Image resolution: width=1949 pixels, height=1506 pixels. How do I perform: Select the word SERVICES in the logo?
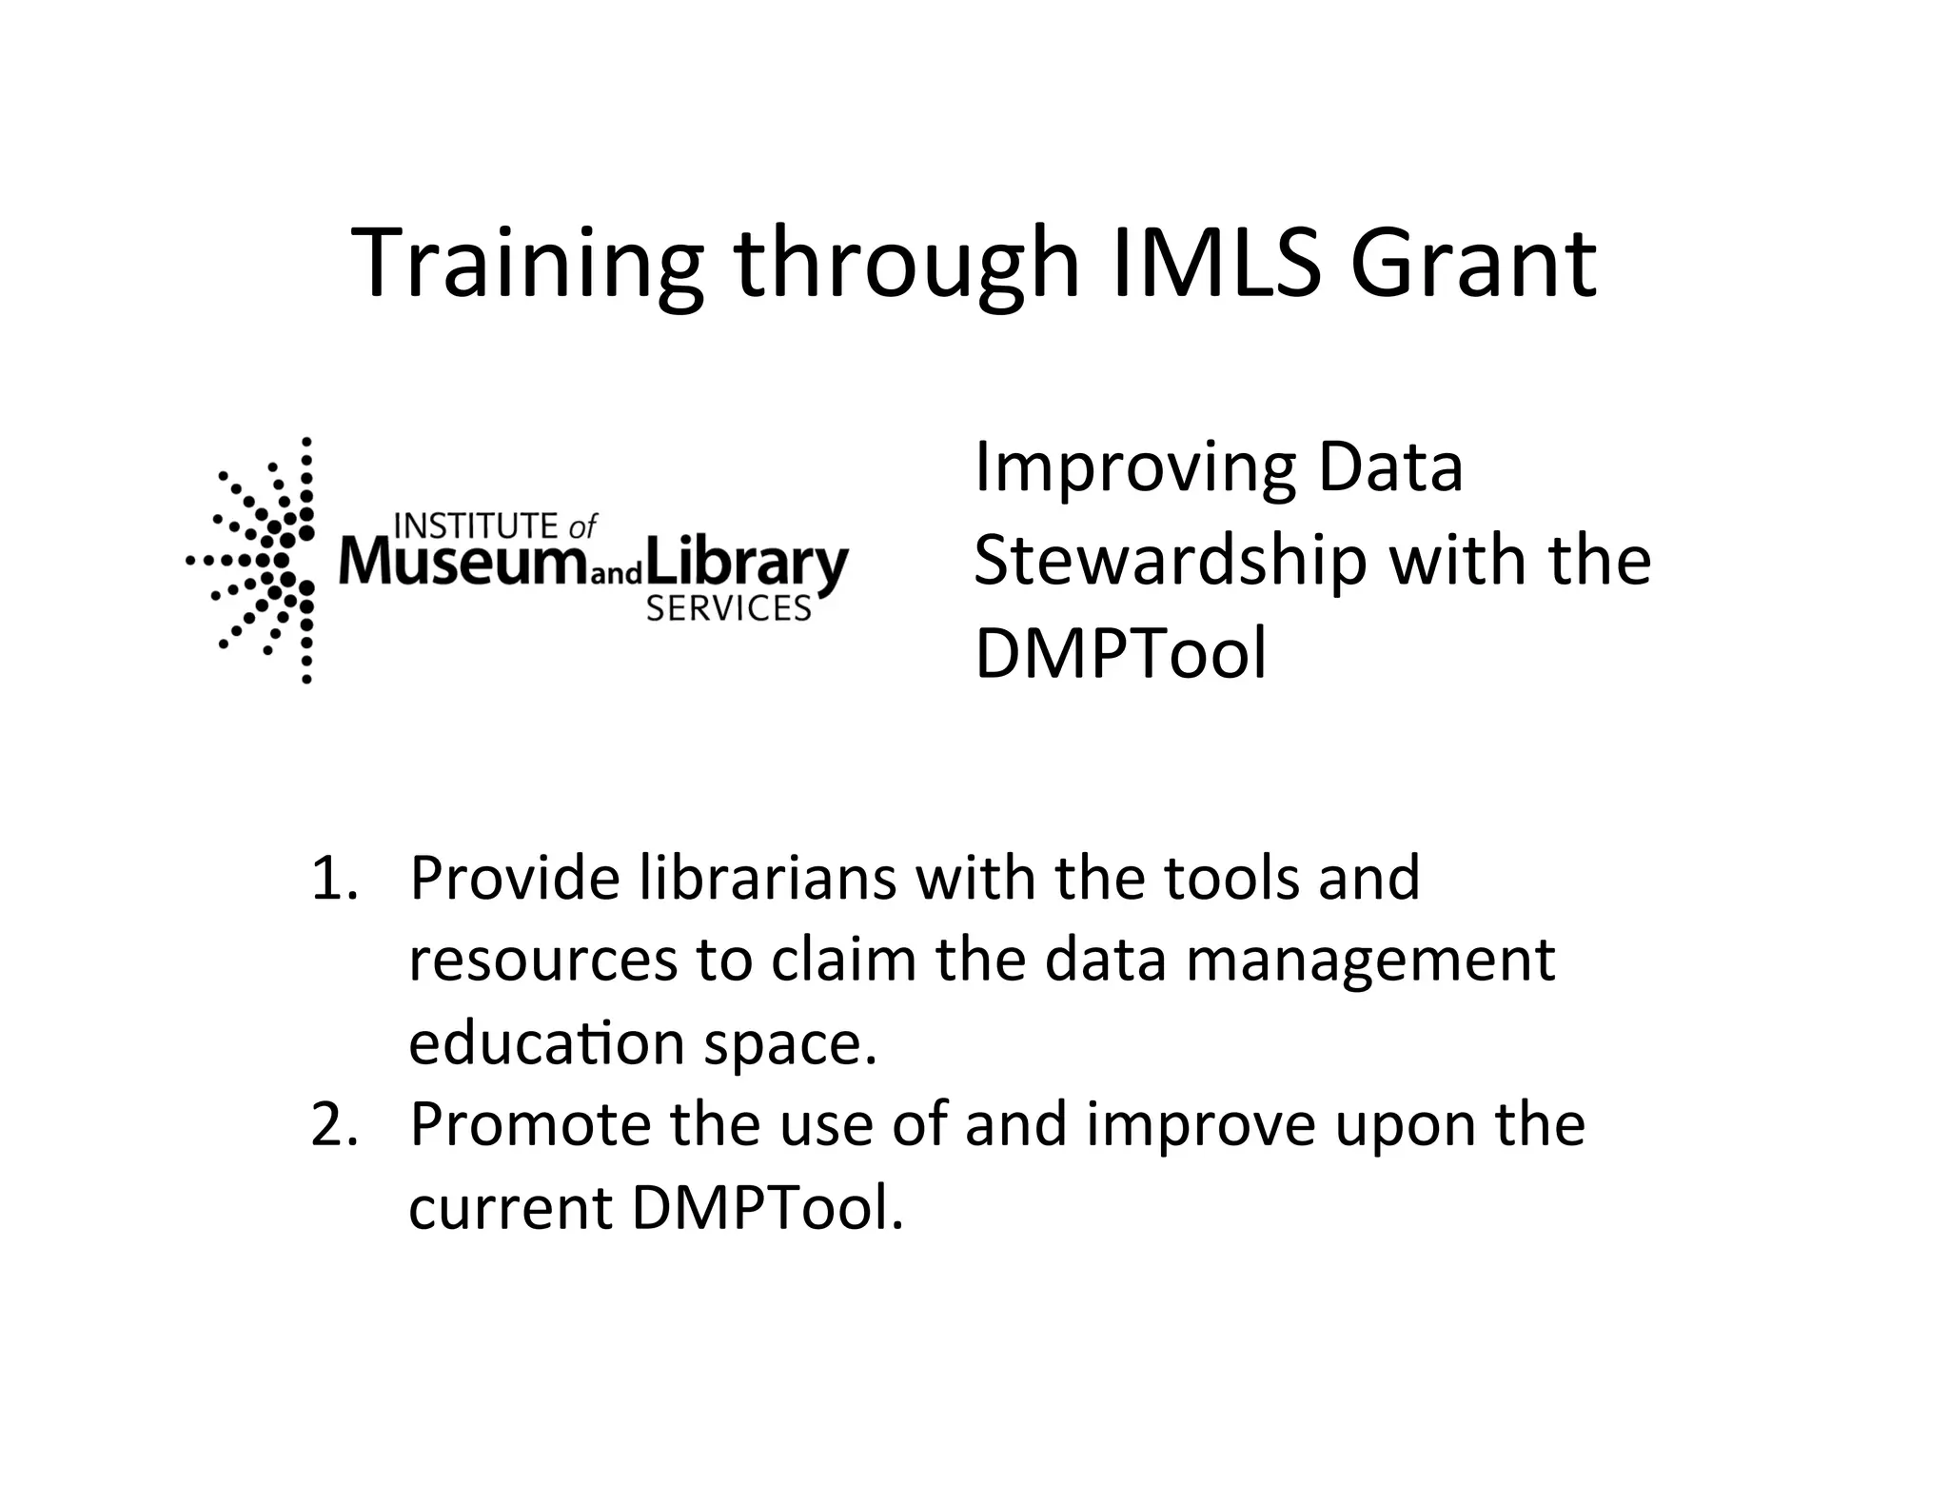click(728, 609)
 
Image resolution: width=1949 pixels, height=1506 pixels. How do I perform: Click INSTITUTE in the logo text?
click(476, 525)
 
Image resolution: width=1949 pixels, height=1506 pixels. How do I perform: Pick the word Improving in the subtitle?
click(1133, 468)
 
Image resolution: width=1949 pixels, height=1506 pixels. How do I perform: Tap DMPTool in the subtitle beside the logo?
click(1121, 654)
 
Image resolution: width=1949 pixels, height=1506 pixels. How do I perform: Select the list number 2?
click(333, 1124)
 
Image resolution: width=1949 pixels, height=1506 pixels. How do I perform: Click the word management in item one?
click(1370, 961)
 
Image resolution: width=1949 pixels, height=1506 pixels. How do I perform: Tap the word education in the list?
click(546, 1043)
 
